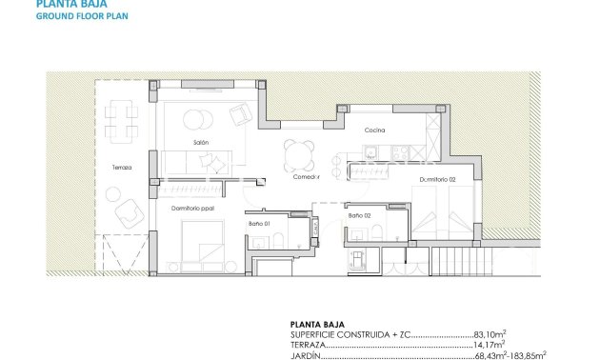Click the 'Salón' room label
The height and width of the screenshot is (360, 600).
click(x=200, y=142)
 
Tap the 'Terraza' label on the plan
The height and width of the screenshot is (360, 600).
click(x=121, y=167)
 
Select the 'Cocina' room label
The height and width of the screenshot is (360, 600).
click(x=373, y=130)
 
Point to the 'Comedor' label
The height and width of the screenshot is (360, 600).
click(x=306, y=177)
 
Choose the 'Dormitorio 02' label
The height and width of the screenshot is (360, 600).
click(x=437, y=179)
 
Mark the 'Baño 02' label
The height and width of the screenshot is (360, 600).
click(x=359, y=216)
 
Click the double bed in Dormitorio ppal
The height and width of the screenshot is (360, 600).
click(x=199, y=241)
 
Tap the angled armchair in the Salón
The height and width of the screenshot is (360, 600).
click(x=242, y=115)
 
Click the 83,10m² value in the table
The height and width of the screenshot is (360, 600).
click(x=489, y=333)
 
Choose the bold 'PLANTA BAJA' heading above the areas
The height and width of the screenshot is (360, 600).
click(x=315, y=324)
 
